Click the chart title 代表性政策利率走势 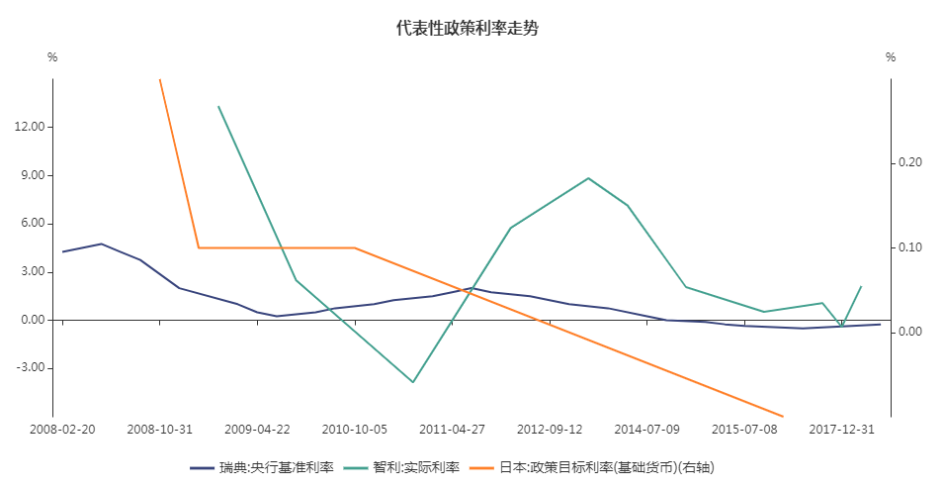[x=467, y=29]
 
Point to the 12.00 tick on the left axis [x=31, y=128]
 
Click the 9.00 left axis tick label [x=34, y=176]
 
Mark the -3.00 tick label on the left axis [x=33, y=368]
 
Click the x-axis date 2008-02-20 [x=63, y=430]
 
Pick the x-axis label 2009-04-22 [x=257, y=430]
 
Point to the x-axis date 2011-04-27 [x=452, y=430]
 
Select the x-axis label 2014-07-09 [x=646, y=430]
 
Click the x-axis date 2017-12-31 [x=841, y=430]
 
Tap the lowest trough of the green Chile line [x=413, y=382]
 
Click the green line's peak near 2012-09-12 [x=588, y=178]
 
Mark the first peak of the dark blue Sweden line [x=101, y=244]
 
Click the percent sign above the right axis [x=890, y=57]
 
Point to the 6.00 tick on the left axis [x=34, y=224]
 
